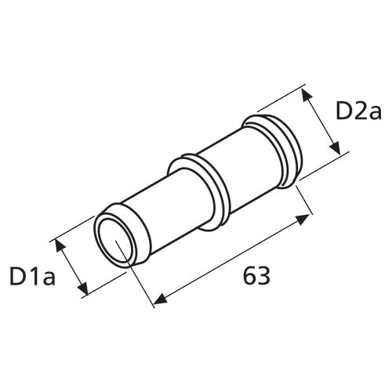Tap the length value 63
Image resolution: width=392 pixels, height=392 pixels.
tap(257, 276)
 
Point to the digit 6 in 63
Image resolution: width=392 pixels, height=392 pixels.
tap(249, 276)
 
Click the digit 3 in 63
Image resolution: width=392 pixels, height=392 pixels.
tap(265, 276)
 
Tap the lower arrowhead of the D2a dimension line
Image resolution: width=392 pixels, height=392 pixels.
tap(336, 149)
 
